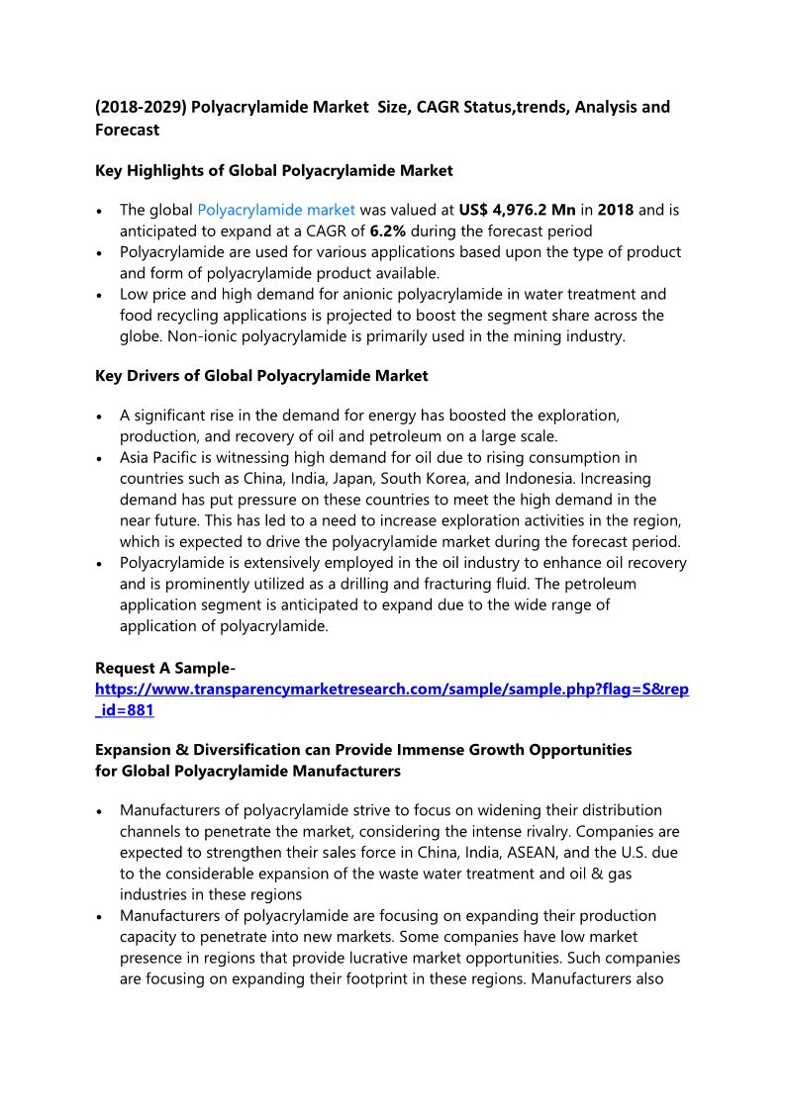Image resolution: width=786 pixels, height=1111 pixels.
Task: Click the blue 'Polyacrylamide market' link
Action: tap(276, 210)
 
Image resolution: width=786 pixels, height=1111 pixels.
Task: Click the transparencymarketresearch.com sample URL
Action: tap(391, 689)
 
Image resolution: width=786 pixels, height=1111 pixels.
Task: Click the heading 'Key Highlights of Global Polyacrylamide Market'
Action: tap(274, 170)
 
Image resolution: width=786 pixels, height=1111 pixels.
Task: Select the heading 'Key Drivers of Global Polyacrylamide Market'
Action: tap(261, 375)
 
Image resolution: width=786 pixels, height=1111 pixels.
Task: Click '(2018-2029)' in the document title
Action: tap(140, 106)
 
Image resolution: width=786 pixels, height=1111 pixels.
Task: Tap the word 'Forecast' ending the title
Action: tap(127, 129)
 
